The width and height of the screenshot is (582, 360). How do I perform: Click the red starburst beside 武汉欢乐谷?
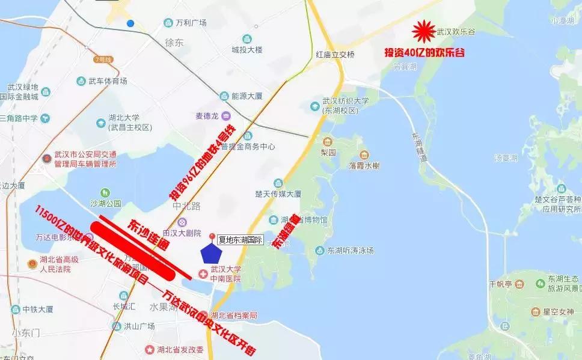(x=424, y=31)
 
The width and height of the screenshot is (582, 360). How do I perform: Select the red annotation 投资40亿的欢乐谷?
(x=424, y=53)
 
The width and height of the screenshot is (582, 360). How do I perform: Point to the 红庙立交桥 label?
(x=335, y=55)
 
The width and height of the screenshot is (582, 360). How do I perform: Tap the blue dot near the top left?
(x=130, y=23)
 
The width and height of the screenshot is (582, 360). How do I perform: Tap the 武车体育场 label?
(x=108, y=81)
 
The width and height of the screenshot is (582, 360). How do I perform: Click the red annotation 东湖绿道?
(x=286, y=231)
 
